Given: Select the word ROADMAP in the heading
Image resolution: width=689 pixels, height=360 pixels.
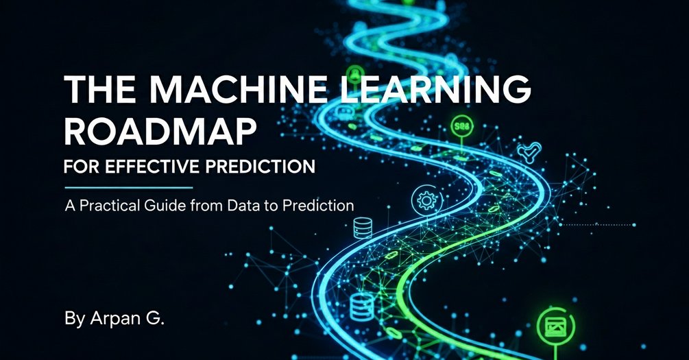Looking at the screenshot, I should point(157,132).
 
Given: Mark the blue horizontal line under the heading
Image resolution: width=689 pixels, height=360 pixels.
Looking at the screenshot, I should point(128,186).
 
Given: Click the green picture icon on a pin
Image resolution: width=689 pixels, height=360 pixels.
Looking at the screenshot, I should point(553,326).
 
